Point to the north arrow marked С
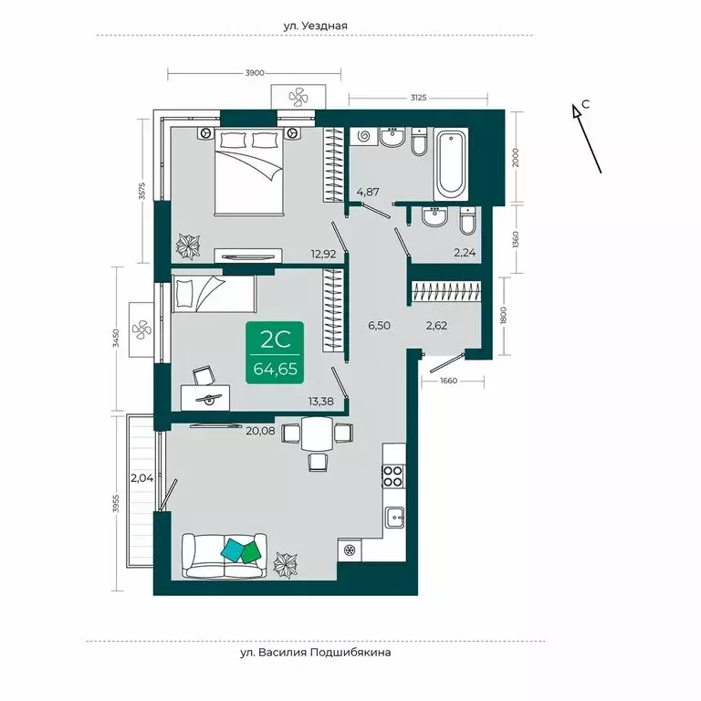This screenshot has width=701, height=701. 585,137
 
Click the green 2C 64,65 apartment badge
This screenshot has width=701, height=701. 276,354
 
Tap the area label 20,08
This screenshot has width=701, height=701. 260,434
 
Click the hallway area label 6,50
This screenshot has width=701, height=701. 380,324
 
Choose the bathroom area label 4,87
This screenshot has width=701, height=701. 367,192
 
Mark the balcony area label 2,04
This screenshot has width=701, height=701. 141,477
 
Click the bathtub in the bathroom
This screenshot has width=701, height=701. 452,165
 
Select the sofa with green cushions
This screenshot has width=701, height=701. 224,554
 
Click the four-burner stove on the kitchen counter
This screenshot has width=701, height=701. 392,475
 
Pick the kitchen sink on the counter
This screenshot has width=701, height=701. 394,517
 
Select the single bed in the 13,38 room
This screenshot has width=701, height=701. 214,294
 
